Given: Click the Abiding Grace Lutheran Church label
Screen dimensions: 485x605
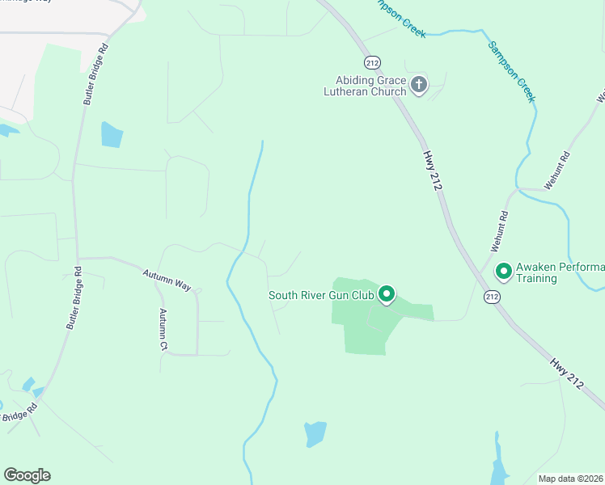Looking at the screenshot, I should pyautogui.click(x=371, y=85).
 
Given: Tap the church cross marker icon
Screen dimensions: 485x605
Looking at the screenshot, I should pyautogui.click(x=419, y=84).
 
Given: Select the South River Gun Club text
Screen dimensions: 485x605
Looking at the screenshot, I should pyautogui.click(x=321, y=295).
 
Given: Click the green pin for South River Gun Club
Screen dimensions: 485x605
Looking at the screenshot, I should pyautogui.click(x=387, y=294).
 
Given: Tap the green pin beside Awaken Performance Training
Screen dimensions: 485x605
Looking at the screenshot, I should pyautogui.click(x=503, y=272).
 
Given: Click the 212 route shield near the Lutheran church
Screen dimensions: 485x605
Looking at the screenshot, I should pyautogui.click(x=372, y=62).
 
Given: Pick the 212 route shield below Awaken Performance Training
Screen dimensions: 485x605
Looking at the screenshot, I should pyautogui.click(x=492, y=297).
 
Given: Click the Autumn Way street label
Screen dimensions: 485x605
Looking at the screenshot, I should pyautogui.click(x=167, y=280).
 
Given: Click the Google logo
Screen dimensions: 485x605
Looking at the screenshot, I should pyautogui.click(x=27, y=475).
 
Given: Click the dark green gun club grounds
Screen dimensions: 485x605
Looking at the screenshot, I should pyautogui.click(x=368, y=331).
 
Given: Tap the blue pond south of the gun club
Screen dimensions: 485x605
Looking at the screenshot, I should pyautogui.click(x=315, y=433).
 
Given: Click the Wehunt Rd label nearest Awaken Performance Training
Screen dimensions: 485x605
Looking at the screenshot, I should pyautogui.click(x=497, y=230).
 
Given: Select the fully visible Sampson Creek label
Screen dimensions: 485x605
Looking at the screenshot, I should pyautogui.click(x=512, y=71).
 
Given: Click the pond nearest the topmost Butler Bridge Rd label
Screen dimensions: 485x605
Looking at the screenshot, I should pyautogui.click(x=112, y=134).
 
